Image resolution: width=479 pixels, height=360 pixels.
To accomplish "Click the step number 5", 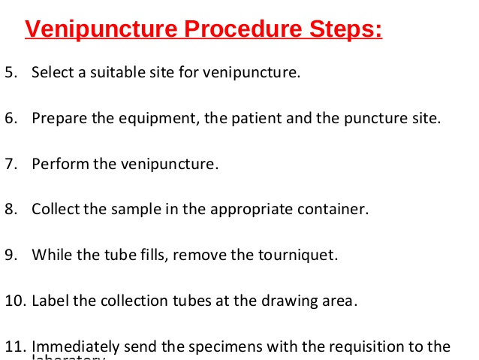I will [x=10, y=73].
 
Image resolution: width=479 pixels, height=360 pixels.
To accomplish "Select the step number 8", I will [x=10, y=209].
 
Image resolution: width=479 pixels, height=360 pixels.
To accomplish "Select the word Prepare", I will [x=57, y=119].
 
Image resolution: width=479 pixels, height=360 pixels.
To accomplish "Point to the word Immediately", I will [x=75, y=346].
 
